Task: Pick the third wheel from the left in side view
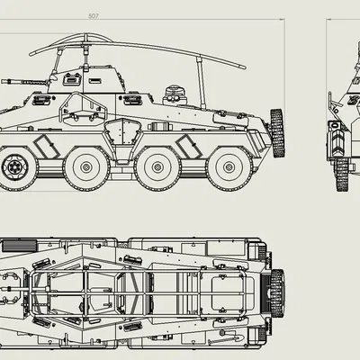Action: click(x=158, y=167)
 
